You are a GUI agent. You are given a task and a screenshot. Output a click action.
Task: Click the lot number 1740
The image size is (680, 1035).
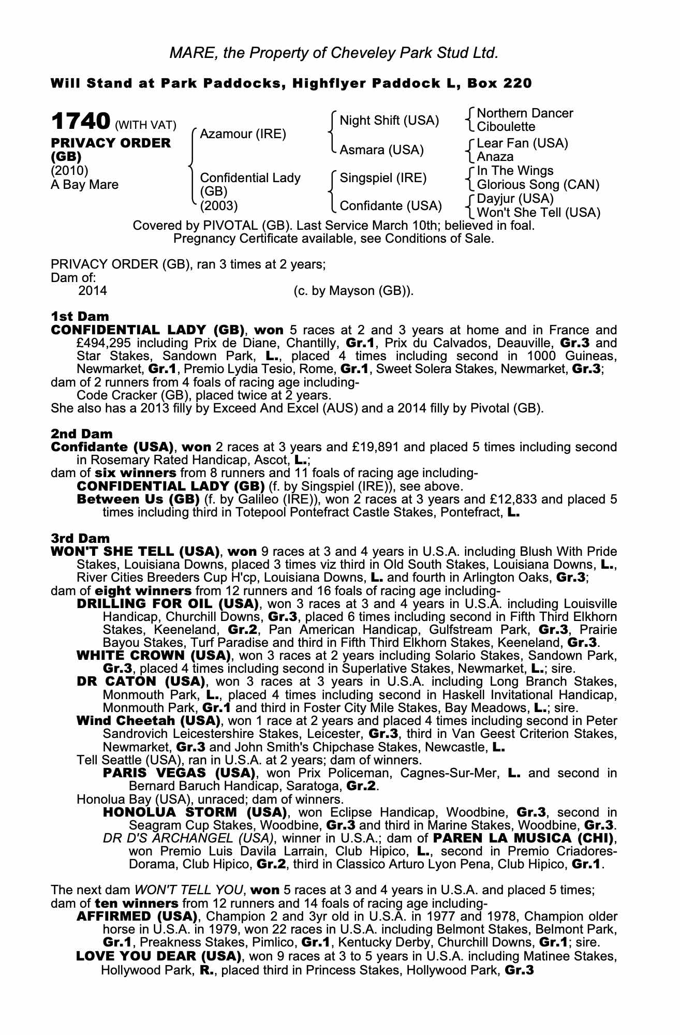coord(80,122)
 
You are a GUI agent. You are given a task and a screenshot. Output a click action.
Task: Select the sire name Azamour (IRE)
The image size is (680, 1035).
coord(243,134)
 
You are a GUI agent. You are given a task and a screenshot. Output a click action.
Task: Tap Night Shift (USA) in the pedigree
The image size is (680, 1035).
coord(389,121)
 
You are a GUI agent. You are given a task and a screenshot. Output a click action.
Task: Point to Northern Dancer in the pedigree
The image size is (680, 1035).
coord(525,113)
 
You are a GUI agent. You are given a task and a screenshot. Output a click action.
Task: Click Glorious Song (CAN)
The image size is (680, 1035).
coord(538,185)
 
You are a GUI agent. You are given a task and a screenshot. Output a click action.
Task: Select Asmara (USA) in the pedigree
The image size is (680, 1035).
coord(381,150)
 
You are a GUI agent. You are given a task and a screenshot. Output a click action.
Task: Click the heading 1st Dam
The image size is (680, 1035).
coord(80,316)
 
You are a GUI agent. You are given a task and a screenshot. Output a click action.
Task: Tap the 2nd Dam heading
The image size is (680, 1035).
coord(81,433)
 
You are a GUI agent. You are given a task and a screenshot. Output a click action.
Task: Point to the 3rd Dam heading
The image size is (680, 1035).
coord(80,538)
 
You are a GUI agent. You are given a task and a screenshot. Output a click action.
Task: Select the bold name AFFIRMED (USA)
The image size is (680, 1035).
coord(136,916)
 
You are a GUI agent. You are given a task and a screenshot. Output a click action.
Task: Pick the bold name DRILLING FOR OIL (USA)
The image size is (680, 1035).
coord(167,603)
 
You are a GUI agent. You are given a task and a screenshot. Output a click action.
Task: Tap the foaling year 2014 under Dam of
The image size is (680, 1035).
coord(93,291)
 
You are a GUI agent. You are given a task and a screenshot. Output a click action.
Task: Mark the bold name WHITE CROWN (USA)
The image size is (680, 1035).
coord(153,655)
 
